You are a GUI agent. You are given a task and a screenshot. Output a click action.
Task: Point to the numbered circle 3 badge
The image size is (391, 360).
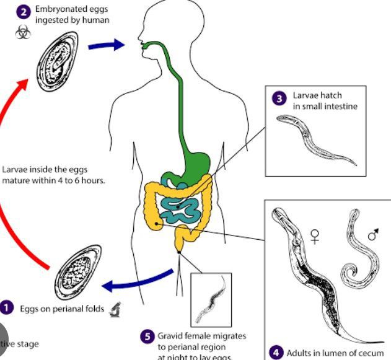tap(279, 97)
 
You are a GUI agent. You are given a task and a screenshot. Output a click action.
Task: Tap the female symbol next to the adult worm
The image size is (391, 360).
tap(315, 236)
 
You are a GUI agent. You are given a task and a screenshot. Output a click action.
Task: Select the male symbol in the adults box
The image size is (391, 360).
tap(373, 235)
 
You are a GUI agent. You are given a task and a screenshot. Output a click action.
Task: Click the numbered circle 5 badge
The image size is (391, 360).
tap(146, 336)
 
